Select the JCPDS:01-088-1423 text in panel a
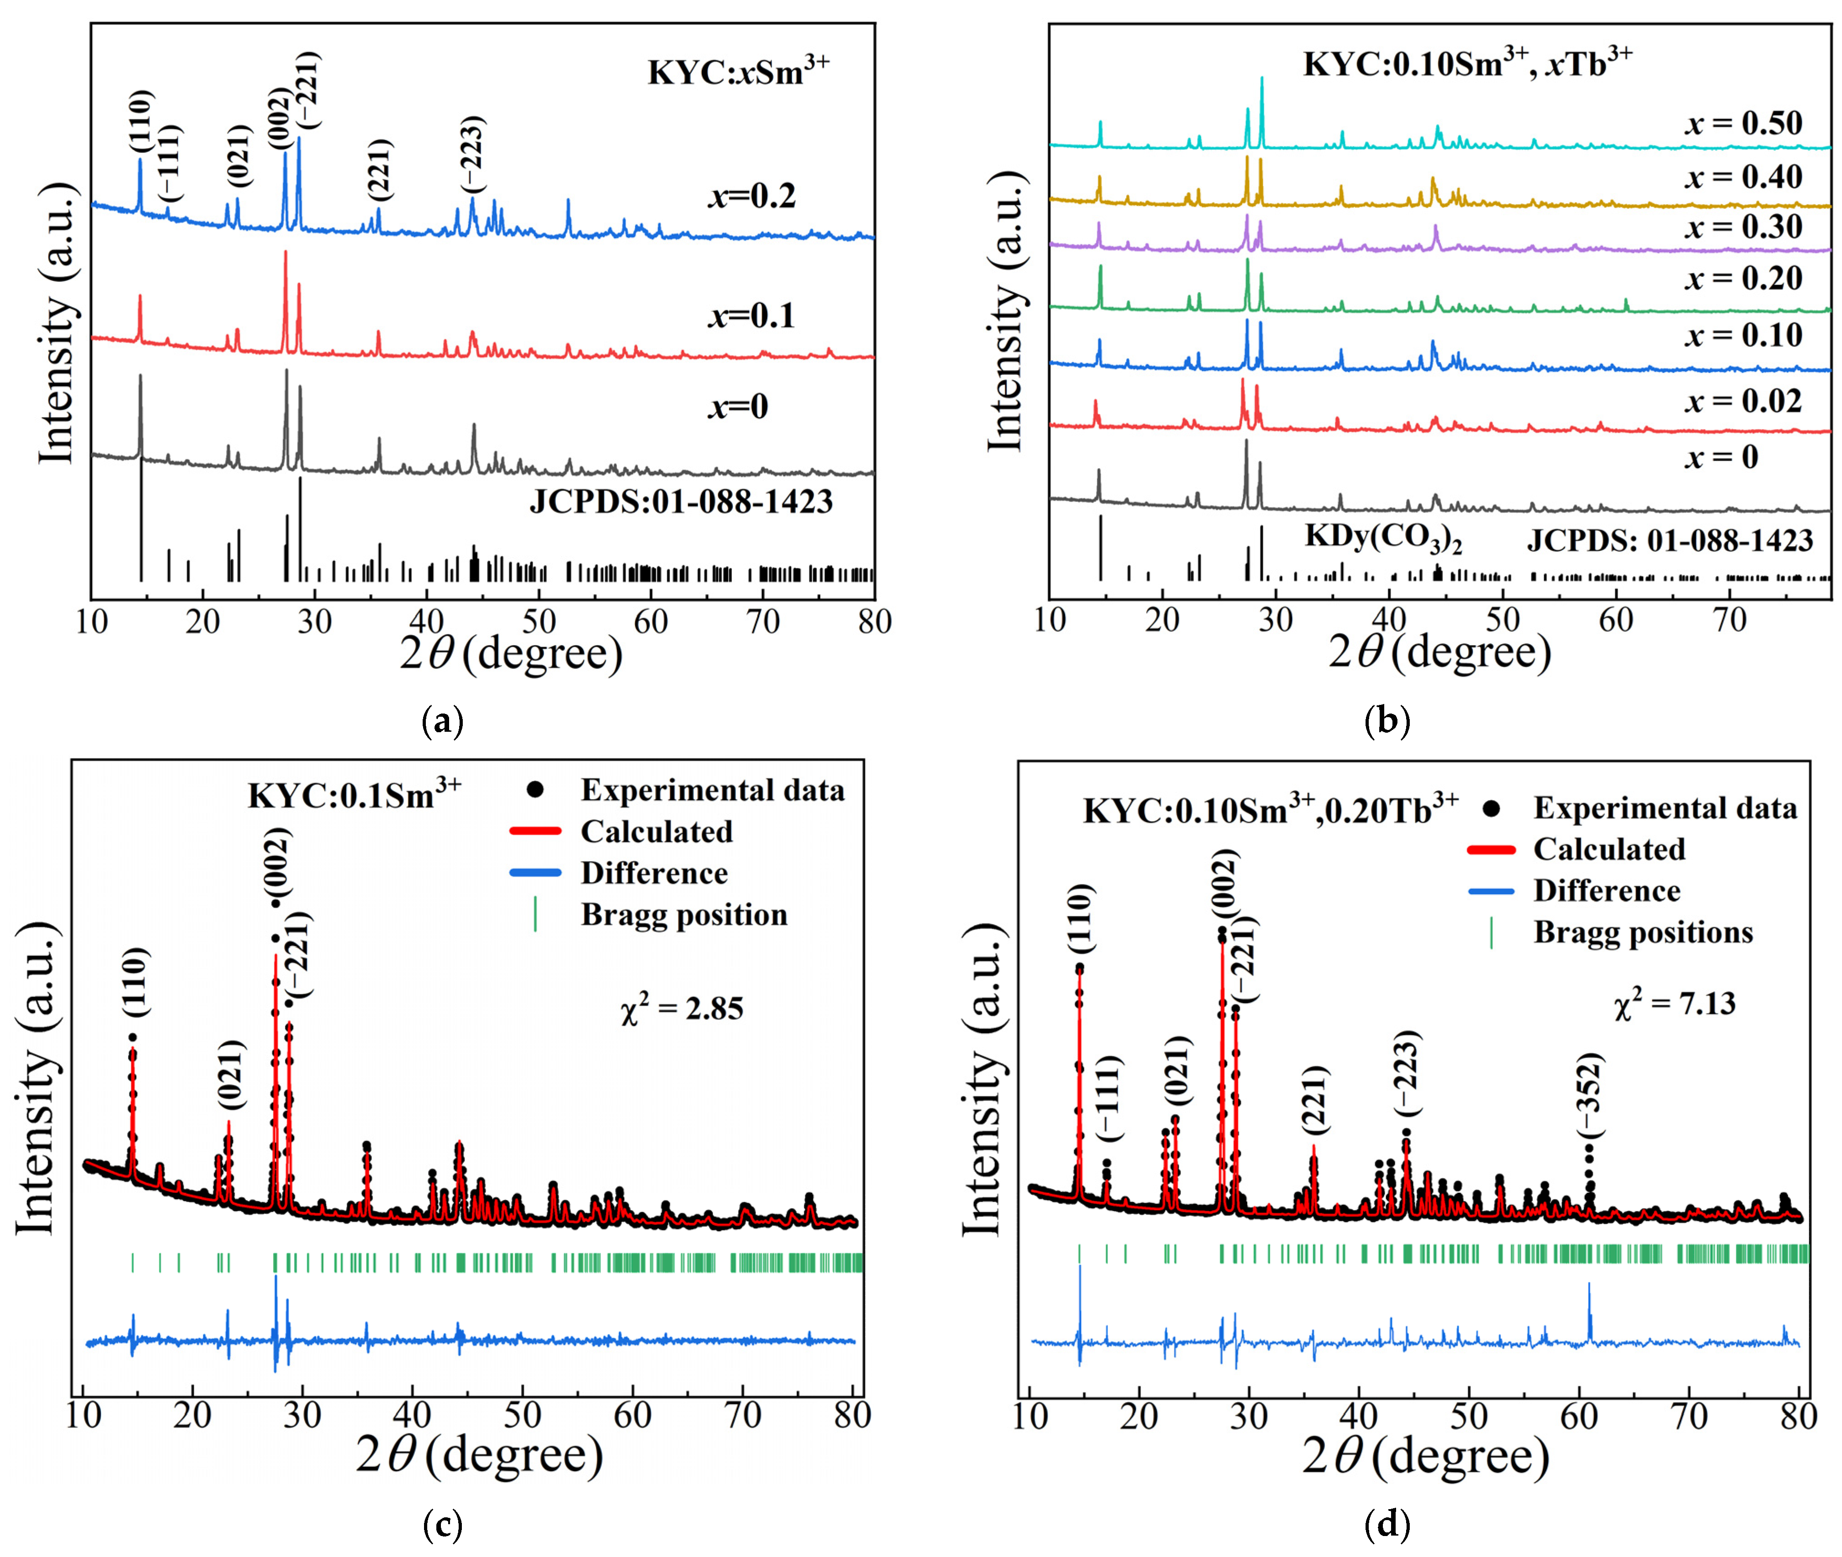pos(680,502)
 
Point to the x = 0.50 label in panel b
pos(1743,124)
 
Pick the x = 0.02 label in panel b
pos(1743,402)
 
